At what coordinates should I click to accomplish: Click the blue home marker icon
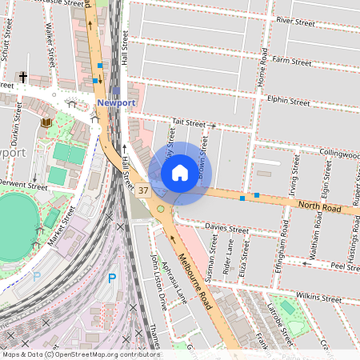point(180,173)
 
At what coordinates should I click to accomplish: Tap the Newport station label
point(116,103)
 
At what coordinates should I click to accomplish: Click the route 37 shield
point(143,190)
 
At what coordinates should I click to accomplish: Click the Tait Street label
point(190,123)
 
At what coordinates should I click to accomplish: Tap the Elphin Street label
point(288,102)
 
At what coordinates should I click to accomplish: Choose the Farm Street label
point(291,60)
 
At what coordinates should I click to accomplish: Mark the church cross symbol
point(23,78)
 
